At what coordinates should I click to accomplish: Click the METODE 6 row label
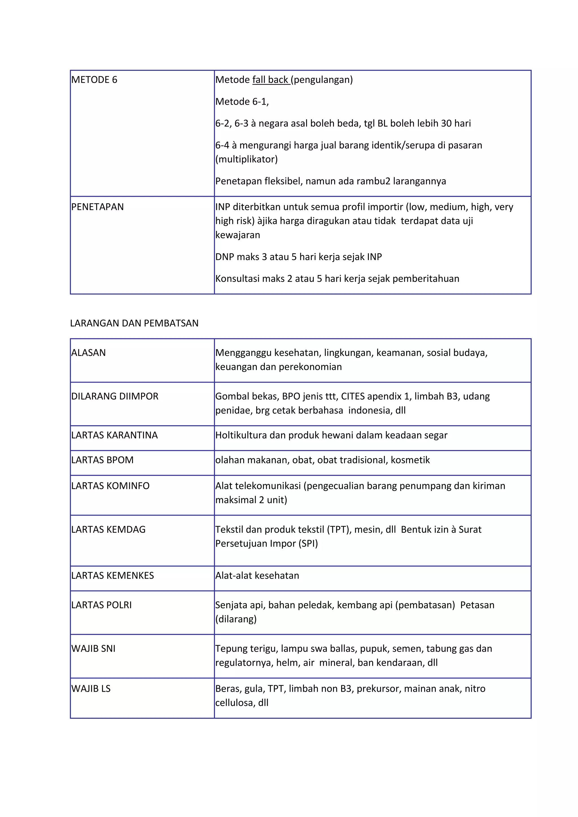(94, 80)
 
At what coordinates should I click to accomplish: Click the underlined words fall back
(270, 80)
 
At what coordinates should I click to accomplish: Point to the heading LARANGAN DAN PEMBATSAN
(134, 323)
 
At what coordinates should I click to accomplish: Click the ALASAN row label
(88, 353)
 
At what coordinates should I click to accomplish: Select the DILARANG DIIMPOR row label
(115, 396)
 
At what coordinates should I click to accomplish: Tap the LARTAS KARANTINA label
(114, 435)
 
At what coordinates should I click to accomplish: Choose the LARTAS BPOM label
(102, 460)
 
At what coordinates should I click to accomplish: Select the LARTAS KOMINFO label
(110, 486)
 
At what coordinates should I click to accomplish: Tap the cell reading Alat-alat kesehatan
(257, 576)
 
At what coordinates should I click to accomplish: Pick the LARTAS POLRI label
(101, 605)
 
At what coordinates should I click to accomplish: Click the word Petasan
(477, 605)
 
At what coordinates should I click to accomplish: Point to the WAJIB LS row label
(91, 689)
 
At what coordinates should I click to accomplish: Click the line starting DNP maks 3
(298, 257)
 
